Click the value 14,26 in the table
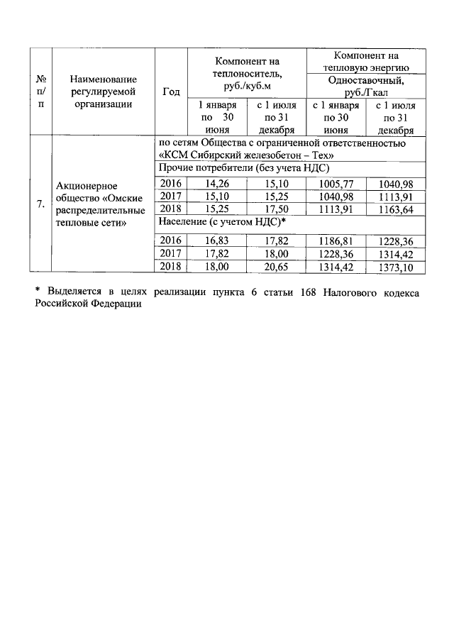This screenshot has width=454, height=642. tap(216, 184)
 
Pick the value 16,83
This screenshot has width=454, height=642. tap(216, 240)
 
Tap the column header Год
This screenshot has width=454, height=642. tap(171, 92)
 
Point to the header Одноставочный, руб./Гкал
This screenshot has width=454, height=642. tap(365, 86)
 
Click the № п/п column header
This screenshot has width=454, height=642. tap(40, 92)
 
